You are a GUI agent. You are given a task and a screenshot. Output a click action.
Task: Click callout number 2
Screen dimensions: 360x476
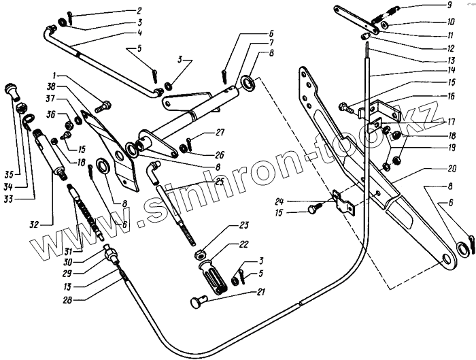[139, 11]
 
